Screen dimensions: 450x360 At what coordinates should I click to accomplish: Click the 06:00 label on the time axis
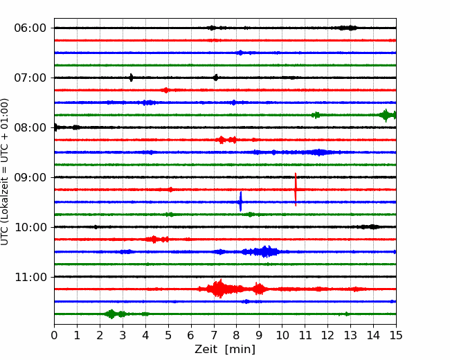(x=30, y=28)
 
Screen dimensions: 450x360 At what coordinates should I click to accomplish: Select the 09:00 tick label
(x=30, y=177)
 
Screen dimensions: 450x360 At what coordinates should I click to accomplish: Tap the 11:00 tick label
(x=30, y=277)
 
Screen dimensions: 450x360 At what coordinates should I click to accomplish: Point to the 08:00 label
(x=30, y=127)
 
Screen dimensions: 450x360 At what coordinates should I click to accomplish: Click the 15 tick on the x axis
(x=396, y=335)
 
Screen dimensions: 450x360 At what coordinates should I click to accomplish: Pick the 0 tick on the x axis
(x=54, y=335)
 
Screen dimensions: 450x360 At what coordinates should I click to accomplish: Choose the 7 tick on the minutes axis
(x=214, y=335)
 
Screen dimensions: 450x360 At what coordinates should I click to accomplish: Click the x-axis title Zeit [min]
(x=225, y=350)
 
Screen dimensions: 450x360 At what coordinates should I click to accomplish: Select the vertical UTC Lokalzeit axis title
(x=4, y=172)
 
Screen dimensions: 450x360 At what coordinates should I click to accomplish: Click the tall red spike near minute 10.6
(x=296, y=190)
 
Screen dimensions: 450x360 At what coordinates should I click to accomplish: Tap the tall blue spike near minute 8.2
(x=240, y=202)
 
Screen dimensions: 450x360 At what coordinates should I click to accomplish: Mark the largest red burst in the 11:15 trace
(x=220, y=289)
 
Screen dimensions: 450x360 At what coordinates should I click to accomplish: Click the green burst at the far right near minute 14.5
(x=386, y=115)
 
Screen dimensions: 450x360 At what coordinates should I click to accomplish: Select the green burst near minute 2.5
(x=111, y=314)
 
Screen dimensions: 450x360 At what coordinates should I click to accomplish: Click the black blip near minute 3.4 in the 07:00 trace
(x=131, y=78)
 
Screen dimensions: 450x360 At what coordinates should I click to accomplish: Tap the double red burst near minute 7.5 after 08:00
(x=226, y=140)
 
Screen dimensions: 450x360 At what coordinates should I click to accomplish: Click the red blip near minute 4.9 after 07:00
(x=165, y=90)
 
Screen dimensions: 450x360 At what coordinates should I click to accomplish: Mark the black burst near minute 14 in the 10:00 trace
(x=369, y=227)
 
